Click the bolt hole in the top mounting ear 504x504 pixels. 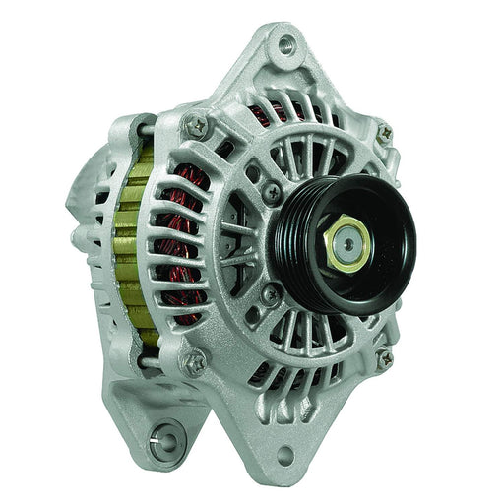pyautogui.click(x=286, y=44)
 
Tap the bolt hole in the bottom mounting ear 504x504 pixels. pyautogui.click(x=286, y=456)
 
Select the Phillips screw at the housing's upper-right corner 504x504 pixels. pyautogui.click(x=385, y=132)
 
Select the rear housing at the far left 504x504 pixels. pyautogui.click(x=84, y=217)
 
